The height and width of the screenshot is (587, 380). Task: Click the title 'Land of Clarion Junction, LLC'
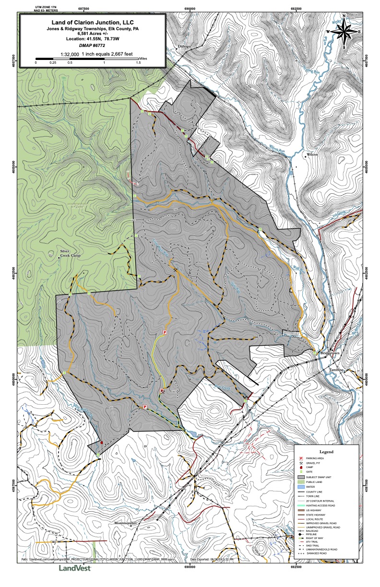93,22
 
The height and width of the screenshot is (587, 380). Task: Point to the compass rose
344,32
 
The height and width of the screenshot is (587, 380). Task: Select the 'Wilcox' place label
312,155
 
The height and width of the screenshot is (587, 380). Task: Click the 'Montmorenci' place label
126,522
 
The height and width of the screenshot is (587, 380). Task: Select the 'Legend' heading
326,452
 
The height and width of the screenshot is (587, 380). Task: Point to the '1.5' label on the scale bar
138,62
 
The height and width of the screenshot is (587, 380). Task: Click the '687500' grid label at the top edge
84,9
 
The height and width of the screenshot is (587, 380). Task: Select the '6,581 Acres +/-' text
93,33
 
